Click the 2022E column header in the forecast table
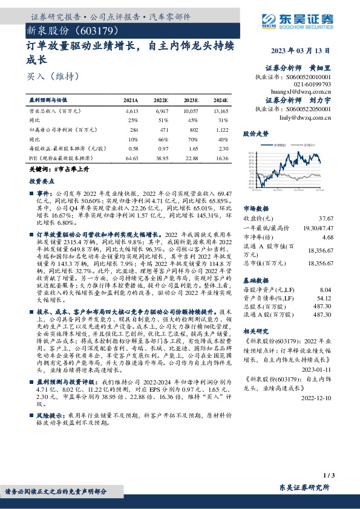[x=160, y=100]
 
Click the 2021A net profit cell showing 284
[x=134, y=129]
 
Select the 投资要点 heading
[x=39, y=181]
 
